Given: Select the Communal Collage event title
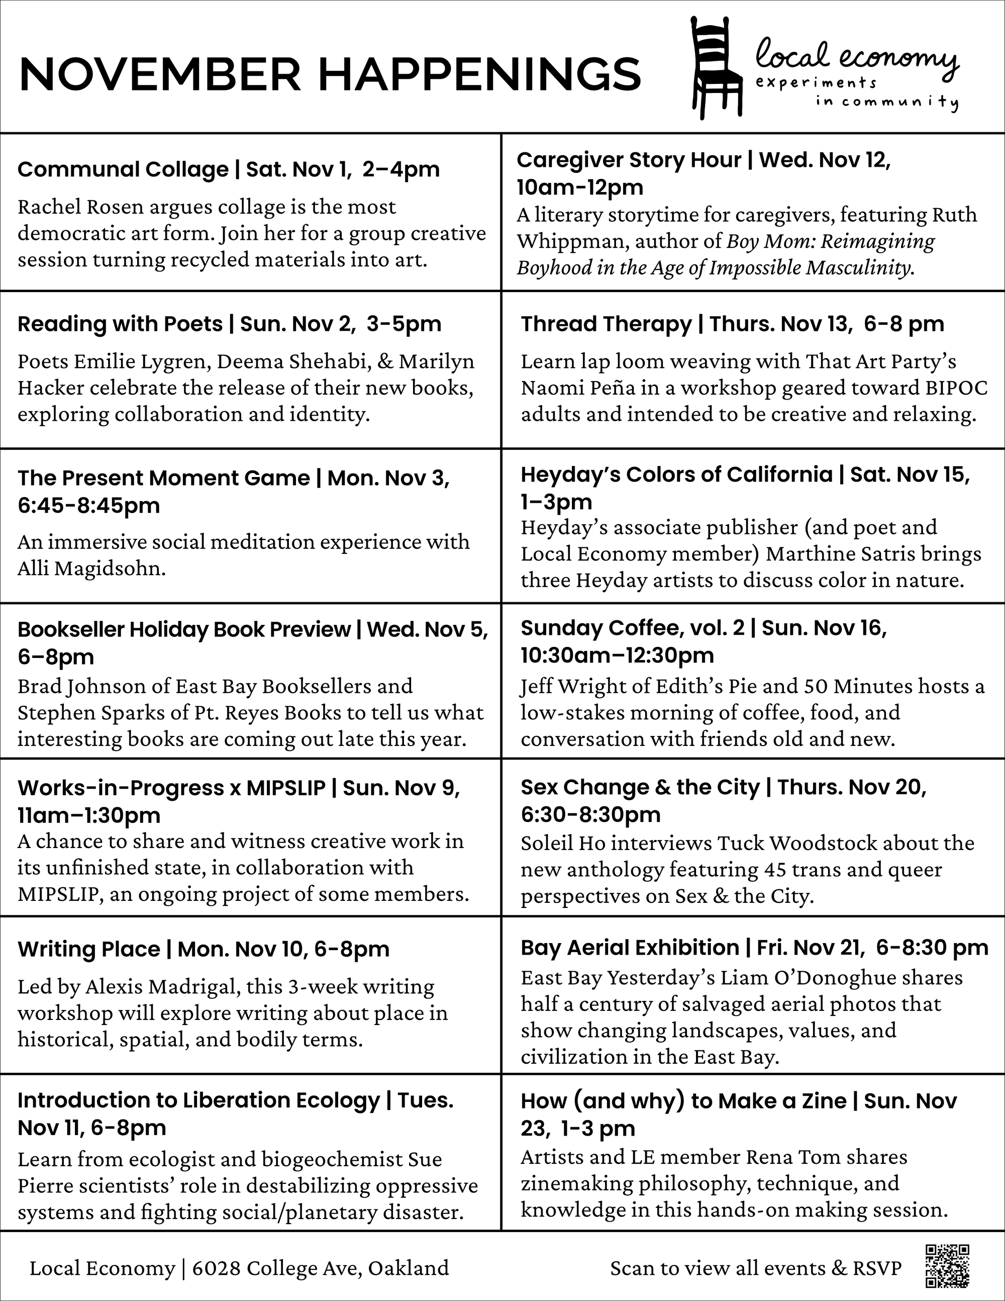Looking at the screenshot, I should pos(123,169).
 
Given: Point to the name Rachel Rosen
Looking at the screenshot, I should pos(80,207).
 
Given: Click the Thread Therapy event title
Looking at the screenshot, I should pos(606,324).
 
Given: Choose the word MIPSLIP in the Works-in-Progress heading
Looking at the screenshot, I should pos(286,788).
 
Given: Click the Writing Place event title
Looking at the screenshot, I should pos(89,949).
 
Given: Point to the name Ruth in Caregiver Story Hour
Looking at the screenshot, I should pos(954,215).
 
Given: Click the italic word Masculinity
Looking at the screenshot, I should pos(860,267).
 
